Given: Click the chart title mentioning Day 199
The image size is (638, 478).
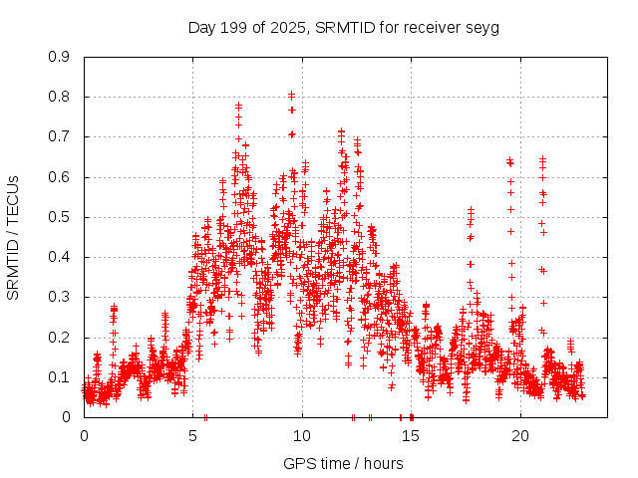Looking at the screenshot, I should click(343, 27).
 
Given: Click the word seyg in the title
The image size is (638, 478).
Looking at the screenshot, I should click(482, 27).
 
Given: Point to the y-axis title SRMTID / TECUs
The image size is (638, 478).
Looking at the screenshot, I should click(14, 237).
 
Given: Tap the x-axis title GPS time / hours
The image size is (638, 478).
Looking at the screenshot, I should click(343, 463).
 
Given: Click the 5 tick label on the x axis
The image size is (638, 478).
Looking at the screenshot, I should click(193, 435).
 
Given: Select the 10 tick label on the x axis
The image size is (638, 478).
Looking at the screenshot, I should click(302, 435).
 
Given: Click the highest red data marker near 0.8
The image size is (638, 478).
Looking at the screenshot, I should click(291, 95).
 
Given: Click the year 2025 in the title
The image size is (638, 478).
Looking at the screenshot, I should click(289, 27).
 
